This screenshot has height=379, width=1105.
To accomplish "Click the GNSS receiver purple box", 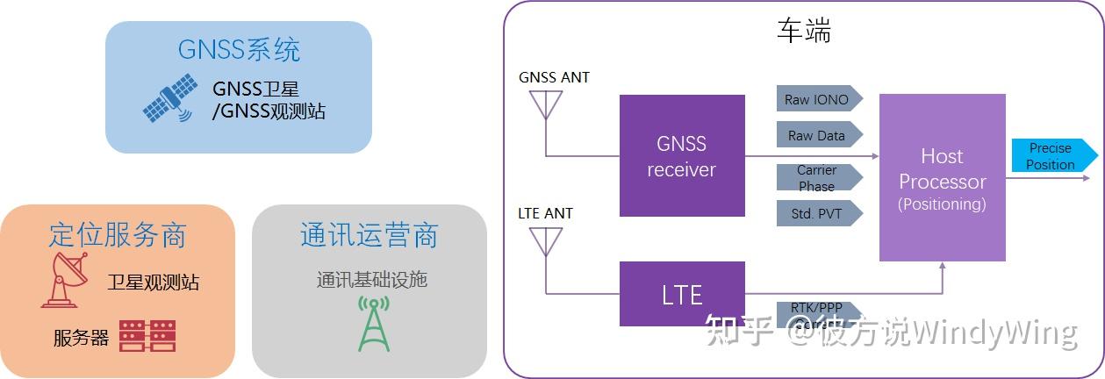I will (682, 155).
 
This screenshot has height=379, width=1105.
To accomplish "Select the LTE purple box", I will (682, 294).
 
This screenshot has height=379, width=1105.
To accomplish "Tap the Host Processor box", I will (942, 178).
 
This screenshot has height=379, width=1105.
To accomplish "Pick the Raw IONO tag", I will (818, 99).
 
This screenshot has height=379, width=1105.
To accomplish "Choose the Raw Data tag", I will (818, 135).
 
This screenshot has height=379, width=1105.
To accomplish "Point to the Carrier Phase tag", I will (818, 178).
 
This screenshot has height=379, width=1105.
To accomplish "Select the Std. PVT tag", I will (818, 212).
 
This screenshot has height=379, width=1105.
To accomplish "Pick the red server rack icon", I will (147, 336).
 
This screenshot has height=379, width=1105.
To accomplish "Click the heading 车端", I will (803, 31).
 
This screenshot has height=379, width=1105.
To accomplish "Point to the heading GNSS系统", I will (239, 49).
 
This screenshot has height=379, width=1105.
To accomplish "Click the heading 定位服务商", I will (118, 234).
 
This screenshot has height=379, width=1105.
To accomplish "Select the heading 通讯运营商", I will (369, 234).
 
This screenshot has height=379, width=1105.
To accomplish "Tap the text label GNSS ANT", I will (554, 77).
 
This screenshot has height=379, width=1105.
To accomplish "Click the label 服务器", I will (81, 338).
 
